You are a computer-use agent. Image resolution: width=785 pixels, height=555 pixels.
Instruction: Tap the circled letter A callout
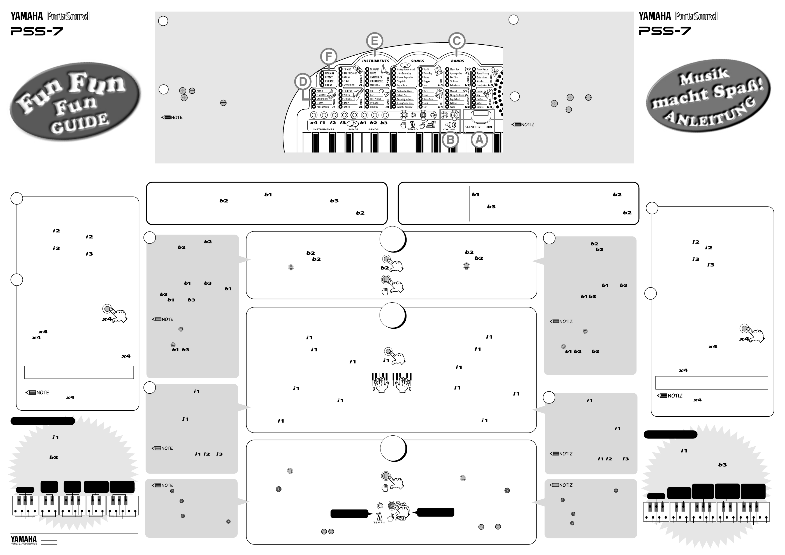click(x=479, y=139)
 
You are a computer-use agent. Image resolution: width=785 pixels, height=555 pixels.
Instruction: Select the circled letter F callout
click(x=329, y=56)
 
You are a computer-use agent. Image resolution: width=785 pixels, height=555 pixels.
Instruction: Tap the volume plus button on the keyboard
click(x=454, y=115)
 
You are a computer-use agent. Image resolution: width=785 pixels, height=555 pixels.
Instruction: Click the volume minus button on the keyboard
click(x=445, y=115)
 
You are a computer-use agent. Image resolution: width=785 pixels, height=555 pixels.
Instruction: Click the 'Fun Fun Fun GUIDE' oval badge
click(x=75, y=102)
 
